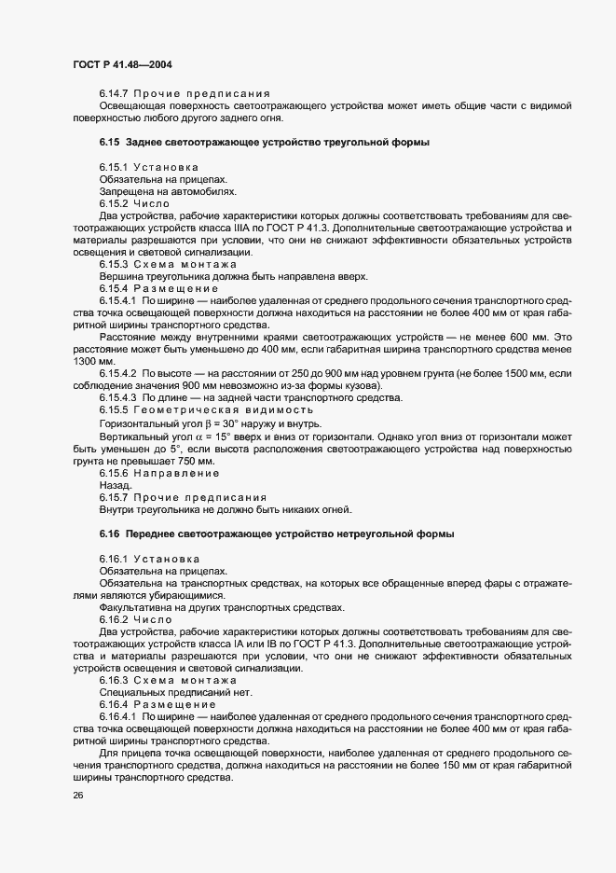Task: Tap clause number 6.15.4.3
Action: coord(122,398)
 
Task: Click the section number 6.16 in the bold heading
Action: coord(110,534)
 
